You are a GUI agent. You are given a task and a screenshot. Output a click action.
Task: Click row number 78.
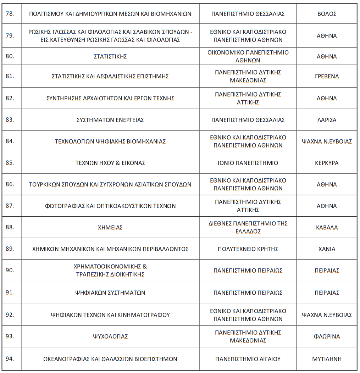tap(10, 14)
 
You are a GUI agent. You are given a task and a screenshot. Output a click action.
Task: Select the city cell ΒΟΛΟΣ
tap(327, 14)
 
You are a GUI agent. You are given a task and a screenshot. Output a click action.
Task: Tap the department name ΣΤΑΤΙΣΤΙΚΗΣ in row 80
tap(110, 56)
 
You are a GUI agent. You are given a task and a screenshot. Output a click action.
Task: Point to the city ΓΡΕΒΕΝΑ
tap(327, 76)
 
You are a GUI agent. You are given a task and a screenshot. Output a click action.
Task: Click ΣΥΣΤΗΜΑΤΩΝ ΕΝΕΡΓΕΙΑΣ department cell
tap(110, 120)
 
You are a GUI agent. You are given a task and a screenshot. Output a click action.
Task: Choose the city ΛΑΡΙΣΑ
tap(327, 120)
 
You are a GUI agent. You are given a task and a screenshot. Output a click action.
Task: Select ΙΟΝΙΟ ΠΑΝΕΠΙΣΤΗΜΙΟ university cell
tap(248, 163)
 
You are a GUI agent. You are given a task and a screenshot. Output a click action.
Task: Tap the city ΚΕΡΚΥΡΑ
tap(327, 163)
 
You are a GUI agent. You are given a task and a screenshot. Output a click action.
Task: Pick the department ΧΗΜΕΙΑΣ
tap(110, 227)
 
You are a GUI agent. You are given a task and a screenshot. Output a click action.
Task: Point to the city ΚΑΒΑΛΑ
tap(327, 227)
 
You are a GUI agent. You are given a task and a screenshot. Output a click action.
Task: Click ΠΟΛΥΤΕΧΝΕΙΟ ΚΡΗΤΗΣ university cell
tap(248, 249)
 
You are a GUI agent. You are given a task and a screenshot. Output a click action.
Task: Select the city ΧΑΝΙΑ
tap(327, 249)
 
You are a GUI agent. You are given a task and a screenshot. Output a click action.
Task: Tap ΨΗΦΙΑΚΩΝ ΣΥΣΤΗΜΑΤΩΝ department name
tap(110, 293)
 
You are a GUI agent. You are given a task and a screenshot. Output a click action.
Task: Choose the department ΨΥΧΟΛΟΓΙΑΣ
tap(110, 336)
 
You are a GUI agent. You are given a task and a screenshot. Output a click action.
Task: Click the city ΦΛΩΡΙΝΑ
tap(327, 336)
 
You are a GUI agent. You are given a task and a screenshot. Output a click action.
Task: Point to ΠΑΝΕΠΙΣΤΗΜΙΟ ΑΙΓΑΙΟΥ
tap(248, 359)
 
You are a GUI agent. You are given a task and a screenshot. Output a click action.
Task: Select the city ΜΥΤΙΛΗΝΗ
tap(327, 359)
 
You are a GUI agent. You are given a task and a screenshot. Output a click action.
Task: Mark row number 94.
tap(10, 358)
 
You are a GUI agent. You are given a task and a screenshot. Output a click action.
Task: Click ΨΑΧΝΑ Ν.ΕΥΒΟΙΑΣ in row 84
tap(327, 141)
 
